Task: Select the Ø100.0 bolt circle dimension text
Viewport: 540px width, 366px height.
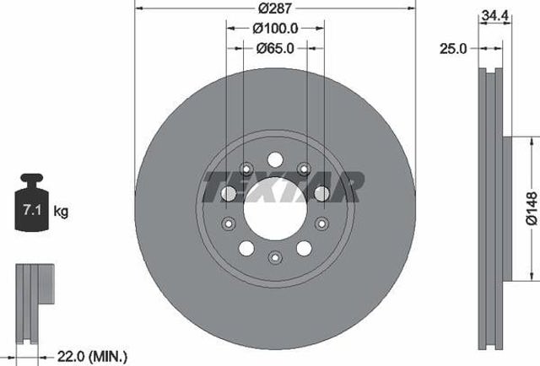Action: pyautogui.click(x=275, y=29)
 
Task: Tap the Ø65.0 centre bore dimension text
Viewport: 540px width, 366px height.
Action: pyautogui.click(x=275, y=49)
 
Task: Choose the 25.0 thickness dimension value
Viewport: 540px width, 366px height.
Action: pyautogui.click(x=455, y=50)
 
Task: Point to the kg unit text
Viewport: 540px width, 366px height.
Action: pyautogui.click(x=61, y=210)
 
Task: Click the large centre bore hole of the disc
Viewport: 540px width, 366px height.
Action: pyautogui.click(x=275, y=207)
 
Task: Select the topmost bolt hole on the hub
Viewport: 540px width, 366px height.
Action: pyautogui.click(x=275, y=159)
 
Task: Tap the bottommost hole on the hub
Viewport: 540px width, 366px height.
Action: pyautogui.click(x=275, y=257)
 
